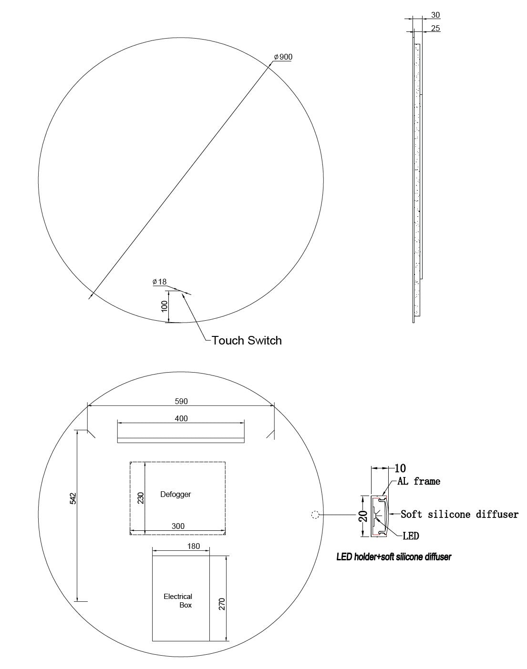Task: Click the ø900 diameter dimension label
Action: (x=283, y=57)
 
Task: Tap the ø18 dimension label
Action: (x=159, y=282)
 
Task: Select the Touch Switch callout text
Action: (x=247, y=340)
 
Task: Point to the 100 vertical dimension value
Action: (x=165, y=306)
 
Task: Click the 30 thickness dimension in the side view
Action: (x=435, y=15)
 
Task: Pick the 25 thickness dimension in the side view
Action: (x=435, y=28)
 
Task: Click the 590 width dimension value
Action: (x=181, y=401)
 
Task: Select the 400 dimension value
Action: (x=181, y=418)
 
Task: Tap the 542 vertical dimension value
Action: (x=72, y=498)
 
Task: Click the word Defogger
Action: (x=175, y=494)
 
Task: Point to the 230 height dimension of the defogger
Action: (x=141, y=498)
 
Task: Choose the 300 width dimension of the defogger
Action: (x=178, y=526)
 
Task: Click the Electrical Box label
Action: (x=178, y=600)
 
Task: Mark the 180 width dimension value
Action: (x=193, y=546)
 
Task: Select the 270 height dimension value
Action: (x=222, y=604)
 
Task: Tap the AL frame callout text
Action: (x=419, y=481)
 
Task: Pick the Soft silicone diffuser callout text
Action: (x=459, y=514)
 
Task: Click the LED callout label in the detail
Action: (x=411, y=536)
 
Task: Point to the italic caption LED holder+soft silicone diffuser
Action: (x=394, y=557)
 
